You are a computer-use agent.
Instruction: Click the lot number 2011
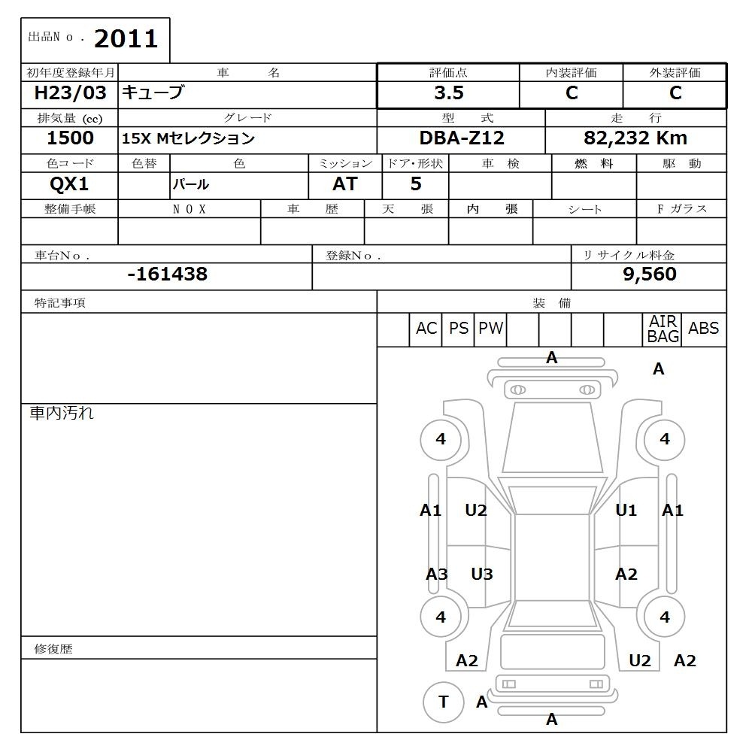pyautogui.click(x=126, y=39)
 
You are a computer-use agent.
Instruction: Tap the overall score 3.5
pyautogui.click(x=448, y=93)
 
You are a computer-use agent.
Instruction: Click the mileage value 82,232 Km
pyautogui.click(x=635, y=138)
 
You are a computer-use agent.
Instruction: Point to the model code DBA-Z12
pyautogui.click(x=462, y=138)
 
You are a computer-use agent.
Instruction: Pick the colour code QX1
pyautogui.click(x=68, y=183)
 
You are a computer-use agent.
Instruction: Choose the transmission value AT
pyautogui.click(x=344, y=183)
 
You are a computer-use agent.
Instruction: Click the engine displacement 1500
pyautogui.click(x=70, y=138)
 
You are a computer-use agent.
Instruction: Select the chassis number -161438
pyautogui.click(x=167, y=274)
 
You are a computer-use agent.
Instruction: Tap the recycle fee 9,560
pyautogui.click(x=649, y=274)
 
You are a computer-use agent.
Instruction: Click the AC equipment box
pyautogui.click(x=426, y=329)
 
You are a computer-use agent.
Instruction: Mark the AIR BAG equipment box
pyautogui.click(x=663, y=329)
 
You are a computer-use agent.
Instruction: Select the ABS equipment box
pyautogui.click(x=703, y=329)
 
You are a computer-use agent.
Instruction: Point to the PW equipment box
pyautogui.click(x=491, y=329)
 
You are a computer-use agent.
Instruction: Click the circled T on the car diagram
pyautogui.click(x=444, y=702)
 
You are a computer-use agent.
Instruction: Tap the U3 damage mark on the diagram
pyautogui.click(x=482, y=575)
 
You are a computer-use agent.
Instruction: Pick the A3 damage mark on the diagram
pyautogui.click(x=437, y=575)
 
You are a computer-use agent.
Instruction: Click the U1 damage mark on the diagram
pyautogui.click(x=626, y=511)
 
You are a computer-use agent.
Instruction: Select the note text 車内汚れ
pyautogui.click(x=62, y=413)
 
